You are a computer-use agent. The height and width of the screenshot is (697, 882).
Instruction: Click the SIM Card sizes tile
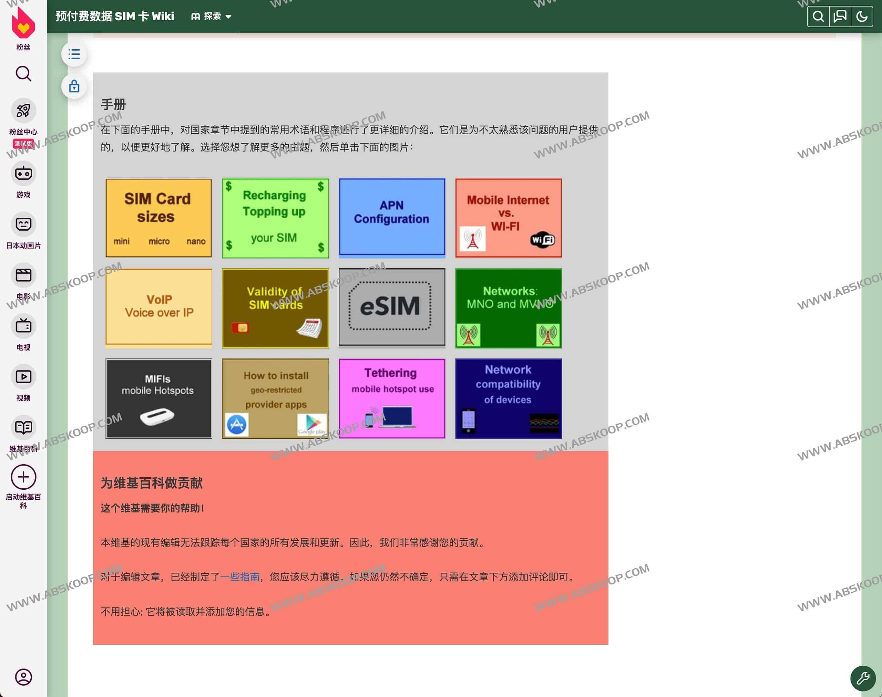tap(158, 218)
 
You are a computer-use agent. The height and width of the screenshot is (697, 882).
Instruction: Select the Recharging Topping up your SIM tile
tap(275, 218)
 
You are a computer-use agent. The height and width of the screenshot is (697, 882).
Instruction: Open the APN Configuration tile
tap(392, 218)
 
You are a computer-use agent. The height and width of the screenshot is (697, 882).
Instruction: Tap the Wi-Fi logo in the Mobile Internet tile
tap(543, 240)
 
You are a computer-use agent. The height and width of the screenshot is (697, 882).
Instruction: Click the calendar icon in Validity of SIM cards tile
tap(309, 328)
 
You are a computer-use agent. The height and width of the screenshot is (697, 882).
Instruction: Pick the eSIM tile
tap(392, 307)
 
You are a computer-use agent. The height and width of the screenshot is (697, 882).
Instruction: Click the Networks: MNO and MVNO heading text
tap(510, 297)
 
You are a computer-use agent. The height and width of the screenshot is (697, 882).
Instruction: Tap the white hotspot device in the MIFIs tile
tap(157, 416)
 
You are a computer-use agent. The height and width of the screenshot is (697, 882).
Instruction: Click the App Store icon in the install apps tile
tap(237, 425)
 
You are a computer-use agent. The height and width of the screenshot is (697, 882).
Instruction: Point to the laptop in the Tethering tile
tap(397, 417)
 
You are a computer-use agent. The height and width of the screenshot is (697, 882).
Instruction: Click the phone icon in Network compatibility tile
tap(468, 420)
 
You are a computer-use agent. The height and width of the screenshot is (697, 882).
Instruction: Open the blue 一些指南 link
tap(240, 576)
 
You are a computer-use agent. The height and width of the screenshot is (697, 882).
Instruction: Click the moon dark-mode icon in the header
tap(862, 16)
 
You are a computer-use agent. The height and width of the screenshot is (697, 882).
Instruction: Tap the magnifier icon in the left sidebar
tap(23, 74)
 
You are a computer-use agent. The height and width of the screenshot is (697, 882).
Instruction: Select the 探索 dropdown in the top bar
tap(211, 16)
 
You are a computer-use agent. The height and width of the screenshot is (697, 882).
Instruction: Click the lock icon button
tap(74, 86)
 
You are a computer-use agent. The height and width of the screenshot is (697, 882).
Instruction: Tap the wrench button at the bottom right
tap(863, 678)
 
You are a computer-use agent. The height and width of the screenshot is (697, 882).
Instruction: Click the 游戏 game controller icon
tap(23, 174)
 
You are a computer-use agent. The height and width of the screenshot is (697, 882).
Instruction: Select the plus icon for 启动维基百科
tap(23, 477)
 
